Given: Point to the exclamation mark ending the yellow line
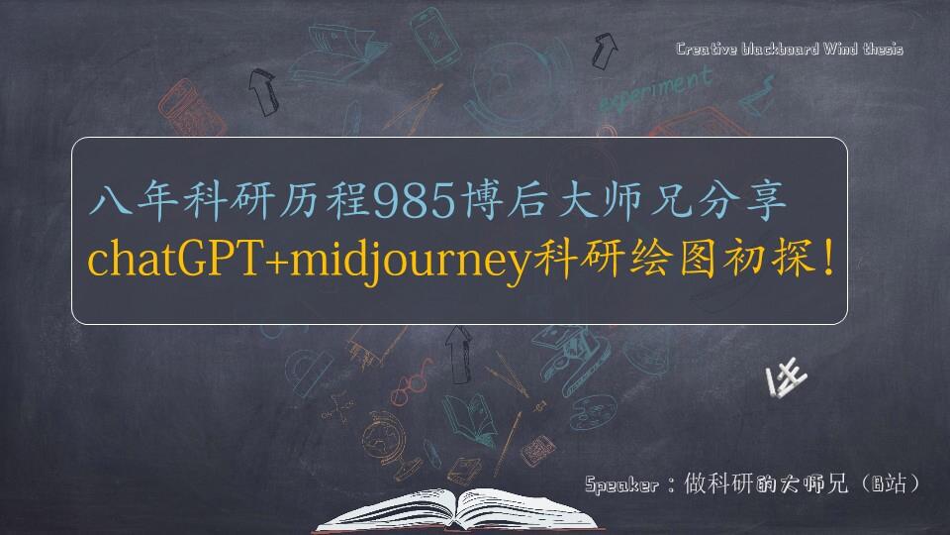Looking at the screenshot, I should tap(827, 258).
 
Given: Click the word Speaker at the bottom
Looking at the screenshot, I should tap(621, 485).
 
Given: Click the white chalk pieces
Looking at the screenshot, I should tap(788, 379).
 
